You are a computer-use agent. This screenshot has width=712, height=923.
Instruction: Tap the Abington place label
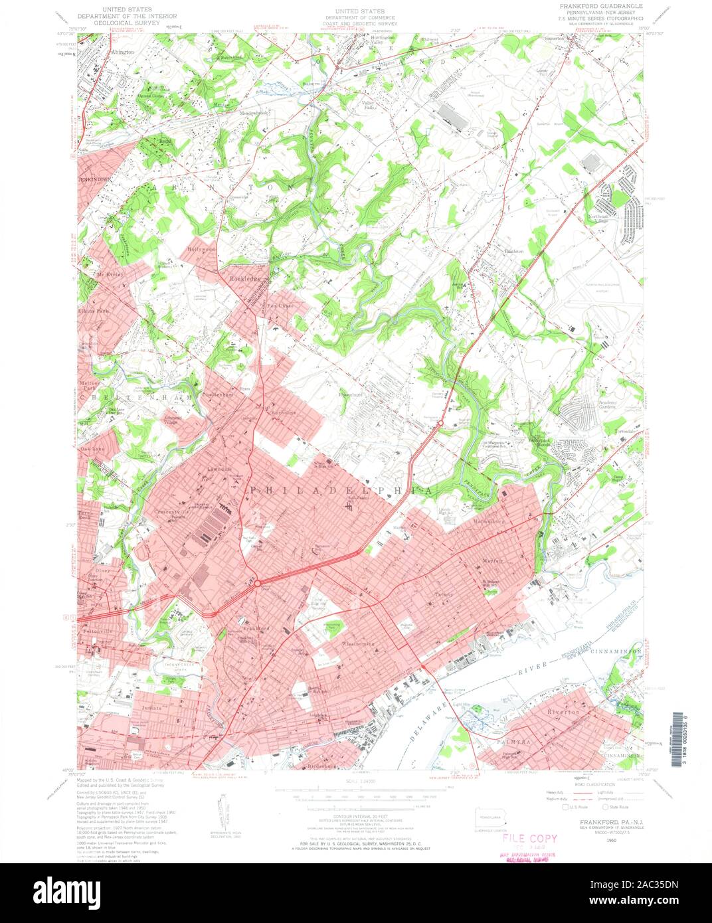coord(123,51)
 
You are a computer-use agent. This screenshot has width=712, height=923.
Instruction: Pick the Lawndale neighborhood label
coord(219,469)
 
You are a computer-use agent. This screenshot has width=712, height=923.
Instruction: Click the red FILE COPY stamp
coord(529,839)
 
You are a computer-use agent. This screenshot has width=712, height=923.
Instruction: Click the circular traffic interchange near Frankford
coord(256,583)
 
